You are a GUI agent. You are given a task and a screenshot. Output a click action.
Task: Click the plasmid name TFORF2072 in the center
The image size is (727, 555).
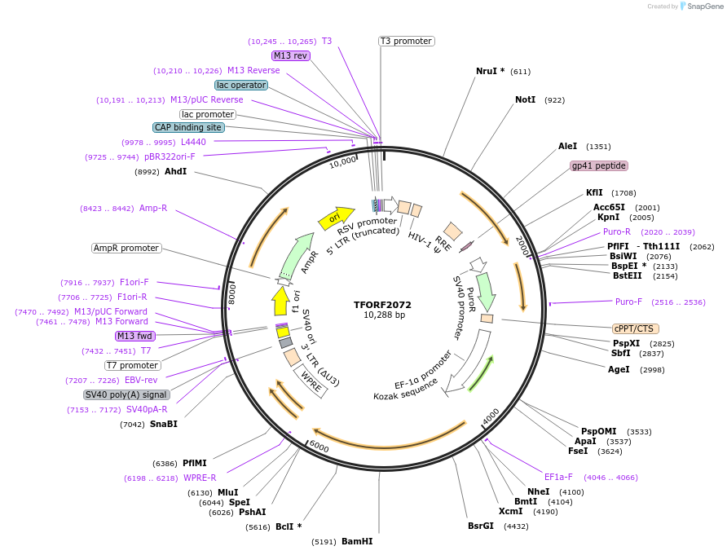pyautogui.click(x=383, y=305)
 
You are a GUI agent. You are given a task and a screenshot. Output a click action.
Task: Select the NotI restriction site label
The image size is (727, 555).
pyautogui.click(x=526, y=99)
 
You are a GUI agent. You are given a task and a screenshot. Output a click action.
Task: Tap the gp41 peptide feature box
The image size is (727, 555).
pyautogui.click(x=599, y=165)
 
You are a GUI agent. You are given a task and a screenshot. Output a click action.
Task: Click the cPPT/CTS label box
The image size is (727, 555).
pyautogui.click(x=635, y=328)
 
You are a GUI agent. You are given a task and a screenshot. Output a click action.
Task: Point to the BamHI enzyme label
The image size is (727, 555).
pyautogui.click(x=356, y=541)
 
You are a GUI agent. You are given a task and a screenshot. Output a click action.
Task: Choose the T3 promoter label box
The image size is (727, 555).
pyautogui.click(x=406, y=41)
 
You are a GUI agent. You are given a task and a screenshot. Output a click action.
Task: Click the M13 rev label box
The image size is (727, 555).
pyautogui.click(x=291, y=55)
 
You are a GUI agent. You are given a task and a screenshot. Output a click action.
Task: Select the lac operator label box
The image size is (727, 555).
pyautogui.click(x=241, y=85)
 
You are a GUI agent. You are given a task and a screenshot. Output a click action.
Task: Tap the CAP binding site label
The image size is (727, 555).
pyautogui.click(x=187, y=127)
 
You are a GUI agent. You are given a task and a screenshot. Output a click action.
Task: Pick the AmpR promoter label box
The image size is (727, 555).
pyautogui.click(x=126, y=248)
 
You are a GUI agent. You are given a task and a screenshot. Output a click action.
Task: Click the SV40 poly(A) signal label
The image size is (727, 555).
pyautogui.click(x=127, y=394)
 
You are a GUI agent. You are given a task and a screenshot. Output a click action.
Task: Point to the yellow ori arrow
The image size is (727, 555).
pyautogui.click(x=330, y=218)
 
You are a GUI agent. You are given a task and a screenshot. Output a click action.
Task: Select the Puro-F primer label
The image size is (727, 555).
pyautogui.click(x=628, y=302)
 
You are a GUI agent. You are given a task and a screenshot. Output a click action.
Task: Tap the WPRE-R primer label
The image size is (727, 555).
pyautogui.click(x=200, y=478)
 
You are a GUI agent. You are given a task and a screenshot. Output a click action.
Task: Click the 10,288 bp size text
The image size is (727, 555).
pyautogui.click(x=384, y=315)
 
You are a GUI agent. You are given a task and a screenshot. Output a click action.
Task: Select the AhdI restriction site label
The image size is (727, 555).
pyautogui.click(x=175, y=171)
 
